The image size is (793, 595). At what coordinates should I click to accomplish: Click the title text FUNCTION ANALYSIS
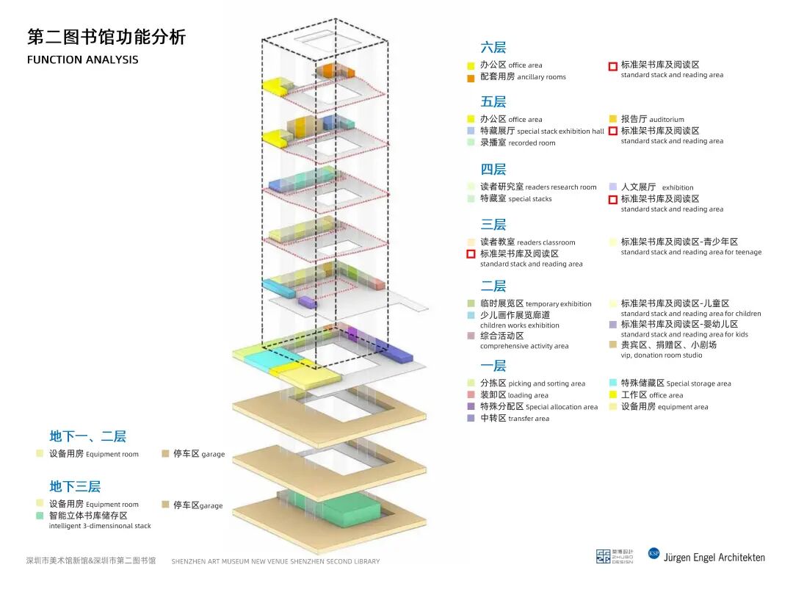click(82, 59)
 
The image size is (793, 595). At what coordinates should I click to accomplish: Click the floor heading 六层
click(493, 48)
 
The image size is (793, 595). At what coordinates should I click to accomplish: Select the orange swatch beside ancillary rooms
click(471, 78)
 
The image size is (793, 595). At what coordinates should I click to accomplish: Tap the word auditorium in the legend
click(666, 120)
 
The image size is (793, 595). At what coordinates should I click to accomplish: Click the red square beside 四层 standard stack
click(612, 199)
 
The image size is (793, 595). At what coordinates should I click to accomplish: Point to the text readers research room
click(561, 187)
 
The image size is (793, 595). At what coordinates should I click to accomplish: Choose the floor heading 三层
click(493, 225)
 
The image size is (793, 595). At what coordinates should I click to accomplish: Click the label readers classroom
click(546, 242)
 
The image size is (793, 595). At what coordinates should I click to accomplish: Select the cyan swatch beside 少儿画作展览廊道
click(471, 315)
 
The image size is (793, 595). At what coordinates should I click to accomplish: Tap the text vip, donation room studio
click(661, 356)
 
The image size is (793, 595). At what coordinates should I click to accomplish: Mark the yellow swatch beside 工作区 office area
click(613, 395)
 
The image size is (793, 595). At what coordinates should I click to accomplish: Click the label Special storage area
click(698, 383)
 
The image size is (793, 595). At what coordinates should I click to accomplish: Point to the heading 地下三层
click(75, 486)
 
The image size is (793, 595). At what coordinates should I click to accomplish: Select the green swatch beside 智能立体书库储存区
click(40, 516)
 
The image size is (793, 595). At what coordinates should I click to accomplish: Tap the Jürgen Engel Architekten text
click(714, 558)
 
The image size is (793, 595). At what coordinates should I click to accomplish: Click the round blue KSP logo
click(653, 553)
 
